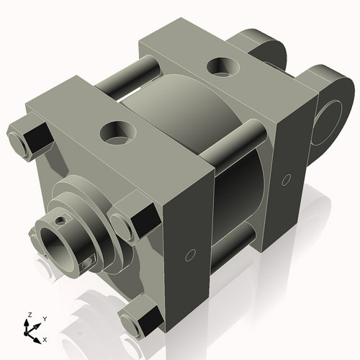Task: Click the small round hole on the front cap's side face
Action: coord(191,253)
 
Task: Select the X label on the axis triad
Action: coord(45,338)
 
